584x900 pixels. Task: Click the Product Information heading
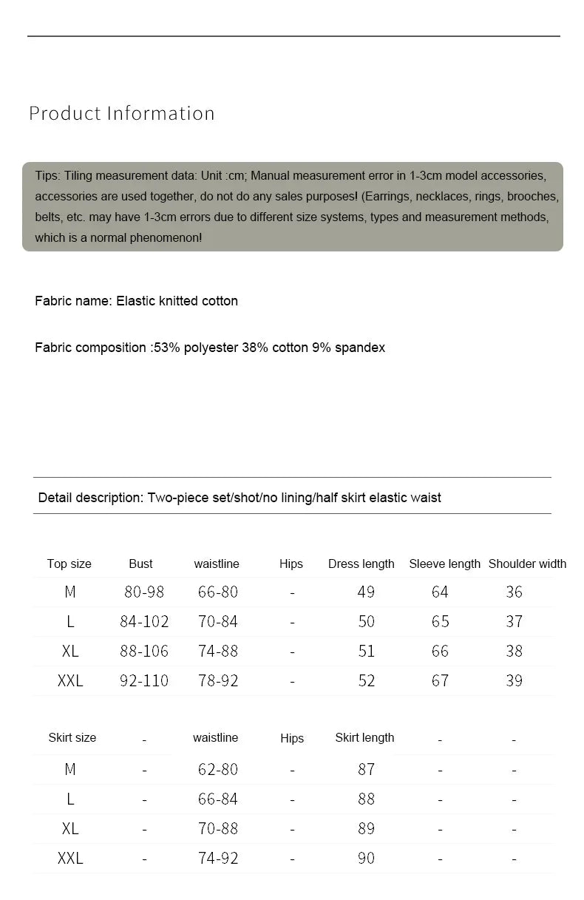122,113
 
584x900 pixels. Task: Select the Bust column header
140,564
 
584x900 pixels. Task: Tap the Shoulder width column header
527,564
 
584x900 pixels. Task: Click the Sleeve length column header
444,564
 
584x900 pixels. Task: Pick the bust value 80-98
144,592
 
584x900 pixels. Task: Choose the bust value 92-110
144,680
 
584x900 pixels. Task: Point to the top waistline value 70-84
218,621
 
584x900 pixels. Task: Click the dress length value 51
366,651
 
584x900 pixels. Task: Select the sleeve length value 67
440,680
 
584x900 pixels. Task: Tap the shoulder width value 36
514,592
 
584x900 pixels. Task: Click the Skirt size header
72,737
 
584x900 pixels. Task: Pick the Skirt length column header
364,737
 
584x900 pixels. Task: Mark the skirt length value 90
366,858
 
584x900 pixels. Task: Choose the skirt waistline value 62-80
218,769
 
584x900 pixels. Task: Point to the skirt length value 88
366,799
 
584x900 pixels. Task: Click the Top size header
69,564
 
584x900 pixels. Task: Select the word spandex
360,348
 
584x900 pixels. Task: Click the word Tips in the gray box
47,176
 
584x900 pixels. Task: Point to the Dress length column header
361,564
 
